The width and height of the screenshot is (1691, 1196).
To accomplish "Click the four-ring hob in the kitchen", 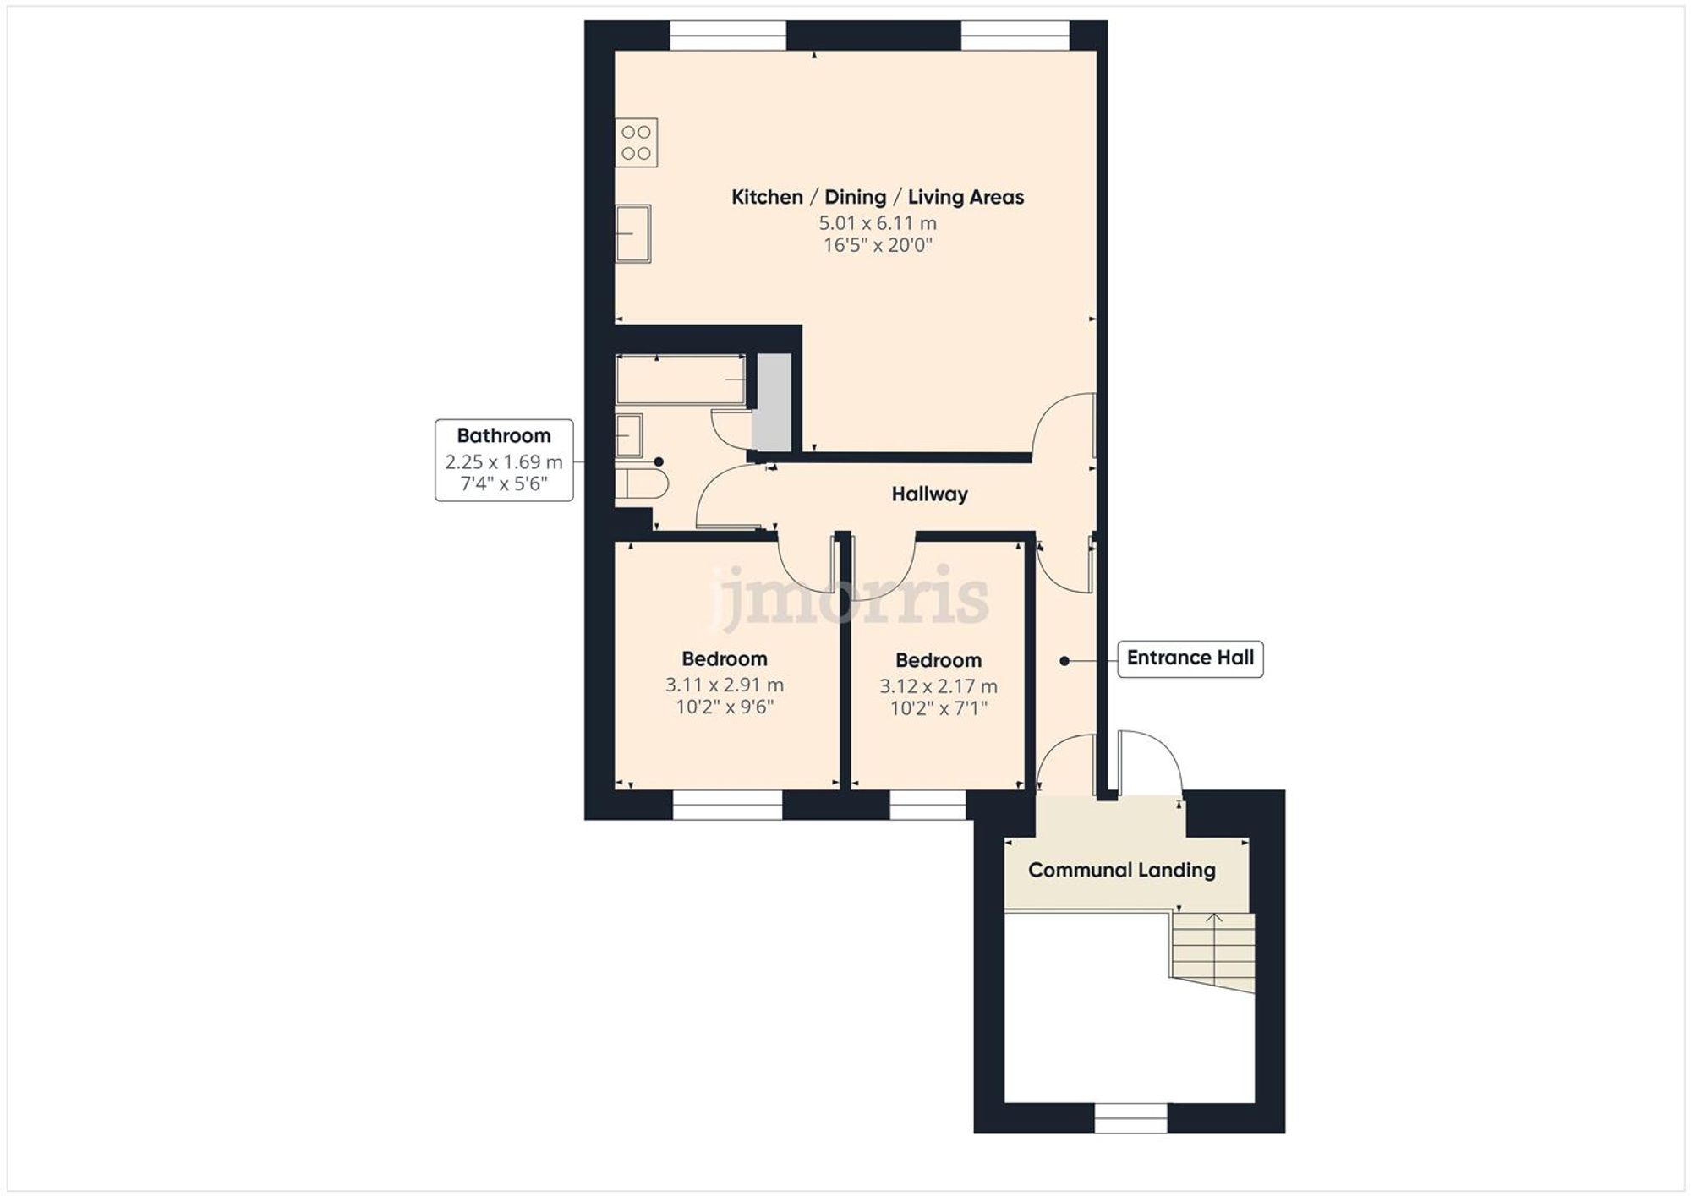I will pos(636,143).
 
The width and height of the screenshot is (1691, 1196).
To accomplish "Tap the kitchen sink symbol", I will pos(632,233).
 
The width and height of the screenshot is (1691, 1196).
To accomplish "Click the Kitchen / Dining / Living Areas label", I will pos(877,197).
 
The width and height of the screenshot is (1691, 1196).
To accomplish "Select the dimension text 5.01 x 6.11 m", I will pos(877,223).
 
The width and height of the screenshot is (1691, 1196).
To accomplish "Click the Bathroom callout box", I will pos(504,460).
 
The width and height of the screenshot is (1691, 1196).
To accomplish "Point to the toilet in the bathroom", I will pos(643,484).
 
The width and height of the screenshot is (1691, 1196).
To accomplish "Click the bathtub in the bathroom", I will pos(681,380).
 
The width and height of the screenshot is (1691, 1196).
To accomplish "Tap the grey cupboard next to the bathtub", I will pos(773,402).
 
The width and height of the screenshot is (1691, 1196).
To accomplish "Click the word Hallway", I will pos(929,494).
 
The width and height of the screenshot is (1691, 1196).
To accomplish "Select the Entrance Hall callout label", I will pos(1190,658).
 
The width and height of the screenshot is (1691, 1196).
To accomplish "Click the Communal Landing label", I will pos(1121,871).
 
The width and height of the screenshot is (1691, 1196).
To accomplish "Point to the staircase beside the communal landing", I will pos(1212,951).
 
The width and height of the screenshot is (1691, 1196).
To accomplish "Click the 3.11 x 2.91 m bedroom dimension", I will pos(724,685).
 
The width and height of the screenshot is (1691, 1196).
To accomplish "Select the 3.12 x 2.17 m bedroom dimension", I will pos(938,686).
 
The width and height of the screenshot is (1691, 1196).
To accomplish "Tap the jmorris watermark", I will pos(850,598).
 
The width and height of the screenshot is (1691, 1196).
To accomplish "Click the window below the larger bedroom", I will pos(727,805).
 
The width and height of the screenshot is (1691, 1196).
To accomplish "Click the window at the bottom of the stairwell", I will pos(1130,1118).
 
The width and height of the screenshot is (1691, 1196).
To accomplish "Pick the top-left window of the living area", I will pos(728,35).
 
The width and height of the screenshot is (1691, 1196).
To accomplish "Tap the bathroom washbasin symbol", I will pos(628,435).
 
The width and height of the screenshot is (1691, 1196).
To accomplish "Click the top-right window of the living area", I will pos(1015,35).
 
